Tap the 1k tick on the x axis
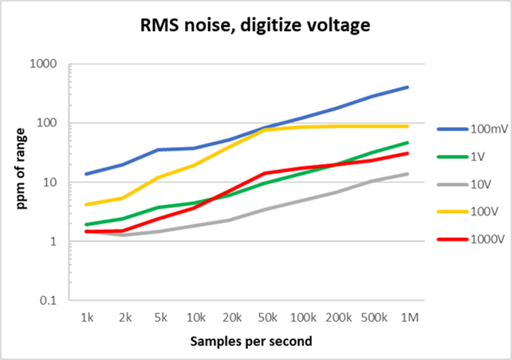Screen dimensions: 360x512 [x=88, y=318]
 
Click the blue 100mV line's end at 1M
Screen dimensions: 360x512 [x=407, y=87]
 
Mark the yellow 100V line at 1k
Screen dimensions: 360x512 [x=88, y=204]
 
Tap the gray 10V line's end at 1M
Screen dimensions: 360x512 [x=407, y=174]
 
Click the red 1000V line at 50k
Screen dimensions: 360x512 [x=265, y=173]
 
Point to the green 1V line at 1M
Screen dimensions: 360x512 [x=407, y=143]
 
